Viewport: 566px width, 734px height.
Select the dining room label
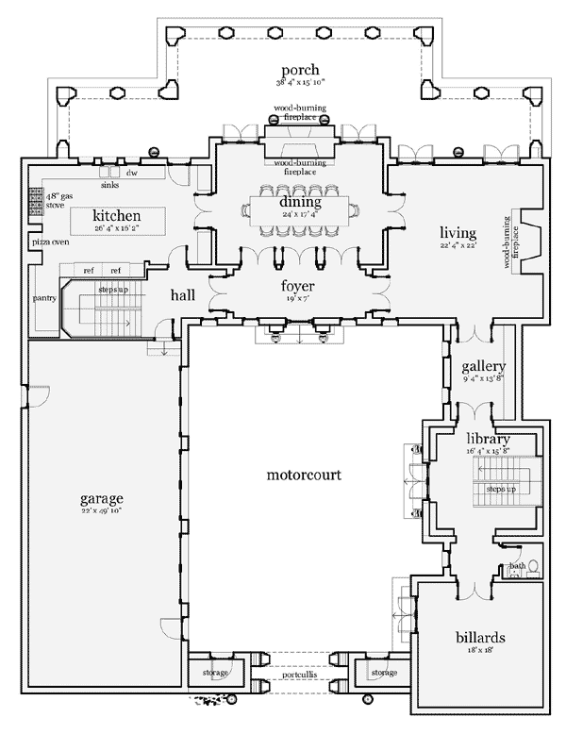click(300, 202)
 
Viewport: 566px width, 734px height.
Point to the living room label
click(458, 233)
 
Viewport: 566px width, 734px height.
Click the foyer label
click(297, 286)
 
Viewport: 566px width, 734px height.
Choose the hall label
click(183, 295)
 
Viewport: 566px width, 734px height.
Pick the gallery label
click(483, 367)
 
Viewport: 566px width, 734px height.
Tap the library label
click(488, 439)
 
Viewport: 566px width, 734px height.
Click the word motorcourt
click(303, 474)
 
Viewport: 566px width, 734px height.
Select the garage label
click(102, 498)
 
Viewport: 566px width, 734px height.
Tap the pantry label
click(44, 299)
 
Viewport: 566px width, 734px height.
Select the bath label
click(516, 566)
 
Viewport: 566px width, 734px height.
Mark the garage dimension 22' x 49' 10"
click(102, 510)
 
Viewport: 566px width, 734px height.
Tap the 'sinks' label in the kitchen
click(110, 185)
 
